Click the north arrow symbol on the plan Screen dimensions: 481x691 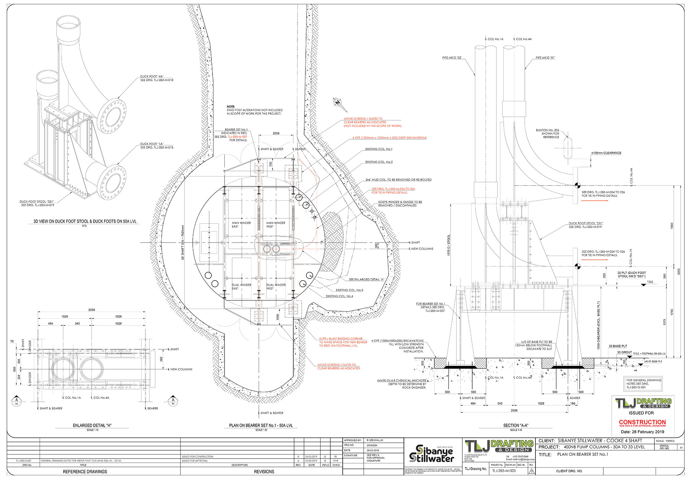click(x=338, y=102)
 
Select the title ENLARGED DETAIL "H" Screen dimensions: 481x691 click(x=92, y=425)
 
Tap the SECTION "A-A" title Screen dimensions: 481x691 click(x=515, y=425)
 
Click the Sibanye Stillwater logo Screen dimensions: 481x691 click(x=432, y=454)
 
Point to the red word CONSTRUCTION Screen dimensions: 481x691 click(x=642, y=422)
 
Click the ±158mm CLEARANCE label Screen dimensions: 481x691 click(x=606, y=153)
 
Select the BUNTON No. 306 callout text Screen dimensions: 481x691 click(x=547, y=133)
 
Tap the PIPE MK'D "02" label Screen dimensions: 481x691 click(x=452, y=58)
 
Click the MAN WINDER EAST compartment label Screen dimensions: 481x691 click(x=241, y=225)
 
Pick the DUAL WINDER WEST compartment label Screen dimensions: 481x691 click(x=276, y=286)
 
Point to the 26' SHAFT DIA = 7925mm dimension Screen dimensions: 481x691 click(x=183, y=242)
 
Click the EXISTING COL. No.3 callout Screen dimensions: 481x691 click(x=349, y=290)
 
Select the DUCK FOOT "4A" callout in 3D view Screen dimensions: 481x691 click(x=157, y=78)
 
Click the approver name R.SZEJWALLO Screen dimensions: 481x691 click(x=375, y=440)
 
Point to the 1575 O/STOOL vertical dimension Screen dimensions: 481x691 click(x=449, y=245)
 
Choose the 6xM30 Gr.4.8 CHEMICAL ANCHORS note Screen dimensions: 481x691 click(x=401, y=384)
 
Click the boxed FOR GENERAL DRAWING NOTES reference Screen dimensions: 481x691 click(x=643, y=384)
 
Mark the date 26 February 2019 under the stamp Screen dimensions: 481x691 click(x=642, y=432)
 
